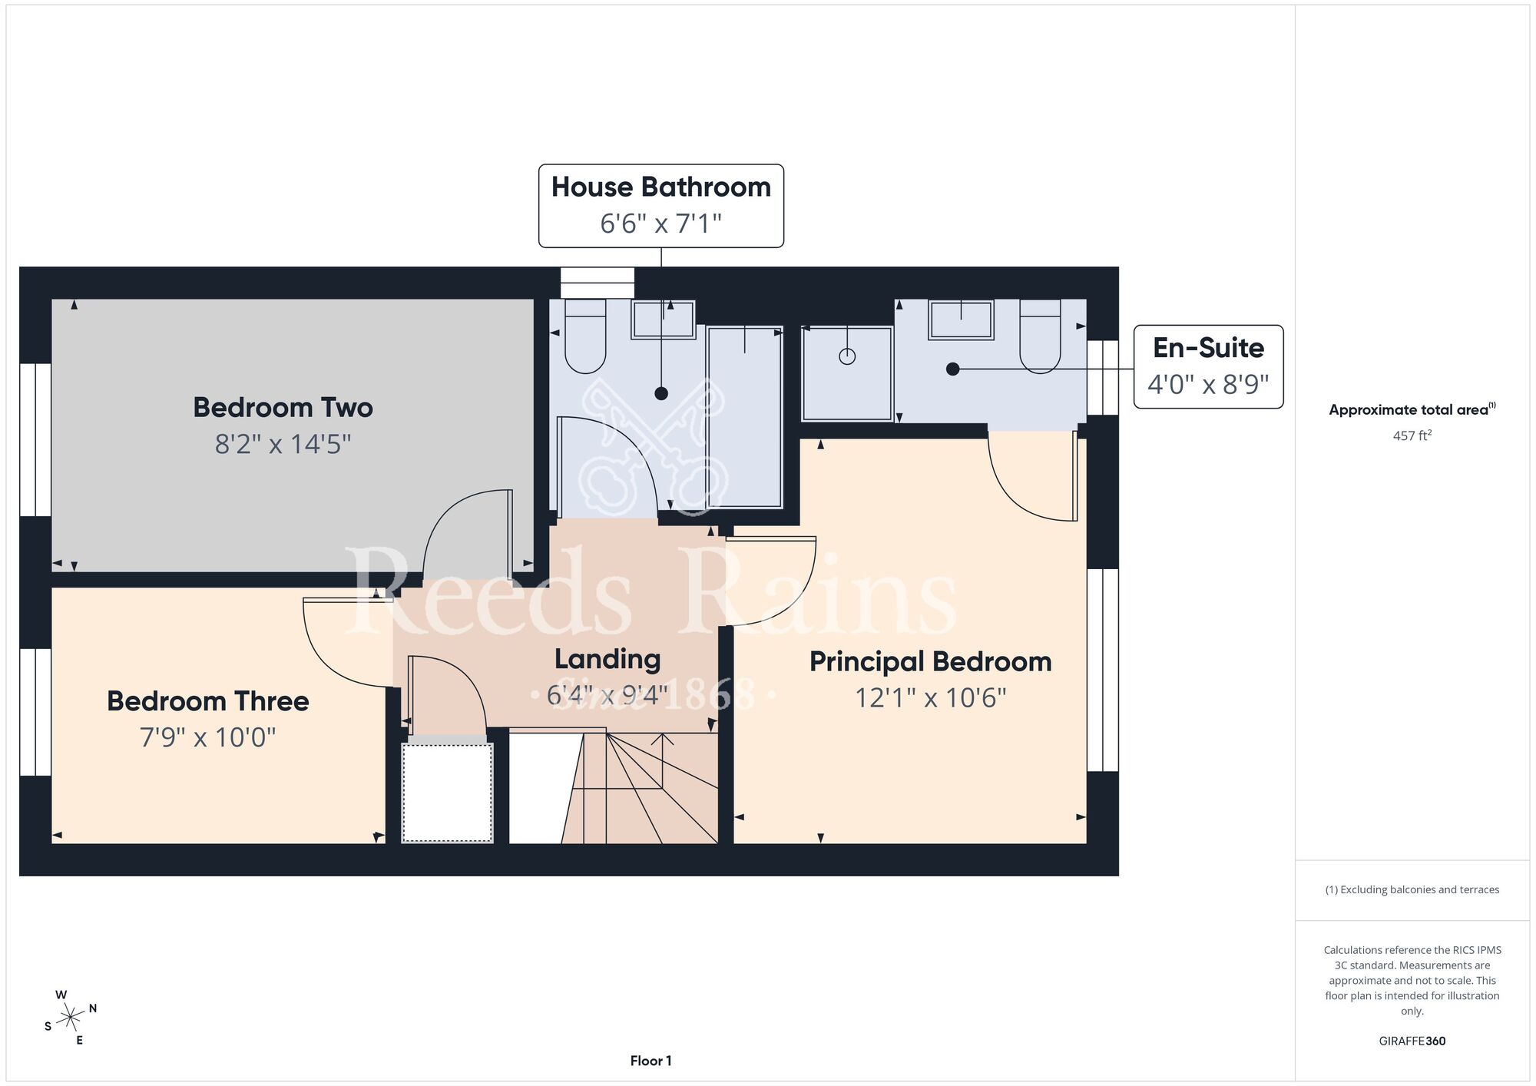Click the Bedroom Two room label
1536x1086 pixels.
[283, 407]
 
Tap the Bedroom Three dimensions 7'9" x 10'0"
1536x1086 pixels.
[207, 737]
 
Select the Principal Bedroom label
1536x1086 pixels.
[930, 661]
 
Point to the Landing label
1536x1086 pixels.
[607, 659]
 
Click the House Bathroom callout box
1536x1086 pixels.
[660, 206]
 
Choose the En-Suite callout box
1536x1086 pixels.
[1208, 366]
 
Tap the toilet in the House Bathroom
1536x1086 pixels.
[585, 336]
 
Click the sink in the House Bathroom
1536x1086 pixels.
[663, 320]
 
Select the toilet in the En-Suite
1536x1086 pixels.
[1040, 336]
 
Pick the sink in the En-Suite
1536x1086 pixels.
[961, 320]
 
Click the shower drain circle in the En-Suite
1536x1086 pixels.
[847, 356]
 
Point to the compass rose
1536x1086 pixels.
[71, 1018]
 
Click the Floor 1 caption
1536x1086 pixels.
[650, 1061]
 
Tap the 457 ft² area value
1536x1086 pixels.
[1412, 435]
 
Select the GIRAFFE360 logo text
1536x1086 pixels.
[1412, 1041]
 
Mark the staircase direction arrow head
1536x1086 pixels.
[663, 740]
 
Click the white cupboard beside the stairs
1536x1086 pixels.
[448, 792]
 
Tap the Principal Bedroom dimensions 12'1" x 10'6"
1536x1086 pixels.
[930, 697]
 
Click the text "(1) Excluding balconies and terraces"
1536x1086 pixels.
[1412, 889]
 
